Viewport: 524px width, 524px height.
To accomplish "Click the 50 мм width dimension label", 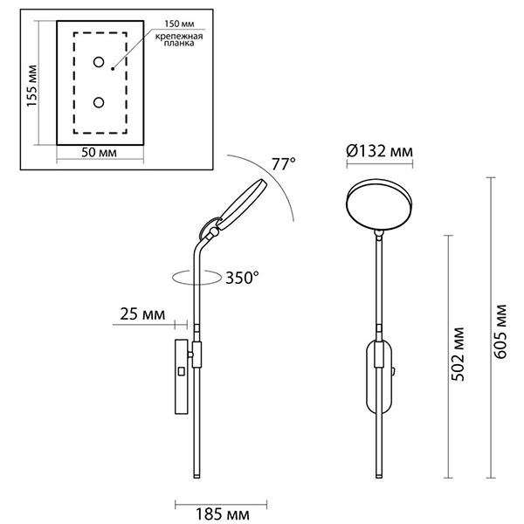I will (x=100, y=153).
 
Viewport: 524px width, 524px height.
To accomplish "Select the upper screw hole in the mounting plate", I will (x=99, y=63).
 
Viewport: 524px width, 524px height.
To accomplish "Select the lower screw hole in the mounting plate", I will (x=99, y=103).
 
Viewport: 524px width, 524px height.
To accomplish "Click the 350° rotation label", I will (x=243, y=279).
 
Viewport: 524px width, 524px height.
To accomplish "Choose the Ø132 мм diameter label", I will (x=379, y=152).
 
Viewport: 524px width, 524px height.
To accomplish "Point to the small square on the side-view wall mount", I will (x=181, y=370).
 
